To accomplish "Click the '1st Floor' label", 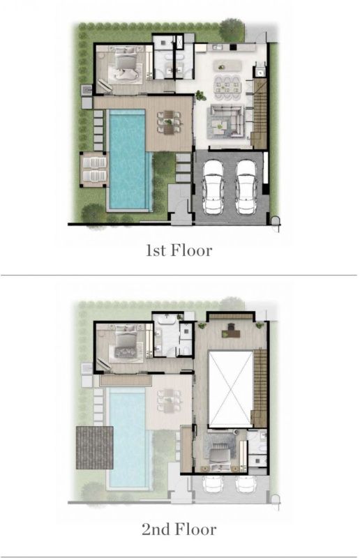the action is (179, 250).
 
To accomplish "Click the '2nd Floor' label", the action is (179, 529).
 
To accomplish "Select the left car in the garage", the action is (213, 186).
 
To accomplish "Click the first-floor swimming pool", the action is (129, 159).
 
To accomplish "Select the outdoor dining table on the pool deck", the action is (169, 122).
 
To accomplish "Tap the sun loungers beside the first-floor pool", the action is (94, 169).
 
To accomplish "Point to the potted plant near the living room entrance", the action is (200, 95).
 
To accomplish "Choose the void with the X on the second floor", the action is (231, 389).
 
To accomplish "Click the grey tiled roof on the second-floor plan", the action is (94, 447).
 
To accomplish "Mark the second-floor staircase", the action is (260, 388).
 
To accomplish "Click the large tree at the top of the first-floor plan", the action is (232, 30).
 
